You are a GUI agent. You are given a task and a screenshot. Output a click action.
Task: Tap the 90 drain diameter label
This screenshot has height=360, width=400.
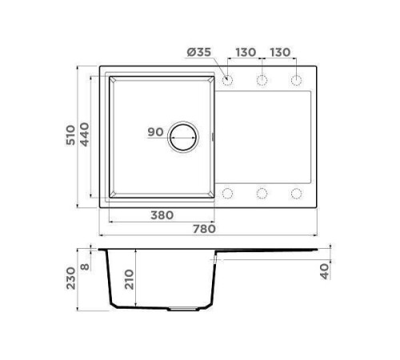pyautogui.click(x=156, y=133)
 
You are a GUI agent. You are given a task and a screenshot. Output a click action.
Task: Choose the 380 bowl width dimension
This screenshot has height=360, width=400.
pyautogui.click(x=163, y=215)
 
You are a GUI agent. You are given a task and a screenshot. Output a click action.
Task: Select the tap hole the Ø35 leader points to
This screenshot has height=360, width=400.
pyautogui.click(x=227, y=80)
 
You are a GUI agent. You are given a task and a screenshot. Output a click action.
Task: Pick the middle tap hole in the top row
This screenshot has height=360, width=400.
pyautogui.click(x=262, y=80)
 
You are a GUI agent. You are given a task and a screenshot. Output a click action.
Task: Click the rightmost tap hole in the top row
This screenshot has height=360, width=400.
pyautogui.click(x=296, y=80)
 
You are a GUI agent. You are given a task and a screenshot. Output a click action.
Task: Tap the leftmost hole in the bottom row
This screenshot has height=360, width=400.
pyautogui.click(x=227, y=193)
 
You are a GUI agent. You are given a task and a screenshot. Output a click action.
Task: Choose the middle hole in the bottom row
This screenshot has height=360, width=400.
pyautogui.click(x=262, y=193)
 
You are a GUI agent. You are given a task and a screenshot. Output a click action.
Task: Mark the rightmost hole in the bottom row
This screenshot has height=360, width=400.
pyautogui.click(x=296, y=193)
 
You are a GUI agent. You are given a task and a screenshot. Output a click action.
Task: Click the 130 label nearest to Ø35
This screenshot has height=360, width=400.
pyautogui.click(x=245, y=53)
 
